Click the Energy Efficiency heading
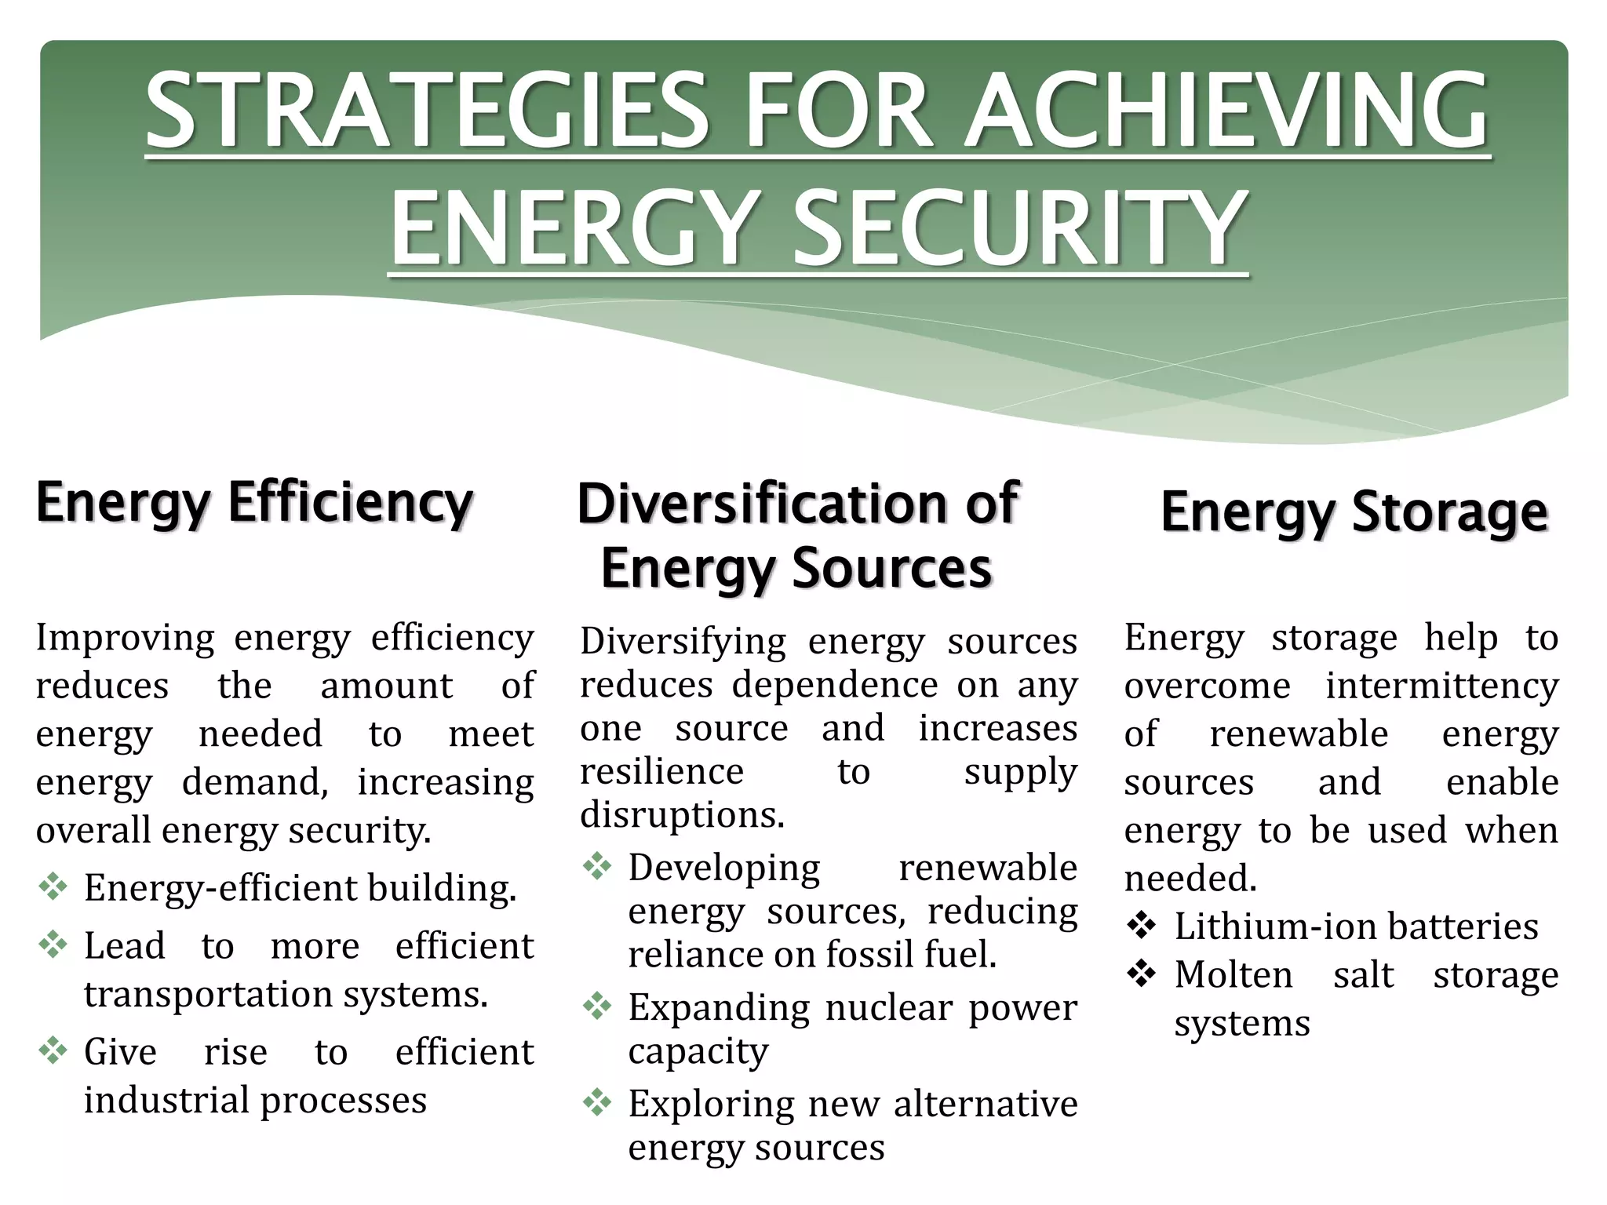coord(254,503)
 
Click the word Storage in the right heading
coord(1450,511)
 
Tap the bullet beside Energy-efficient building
coord(53,886)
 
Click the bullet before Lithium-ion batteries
coord(1142,926)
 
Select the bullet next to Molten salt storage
coord(1142,974)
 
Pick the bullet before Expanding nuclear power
coord(597,1006)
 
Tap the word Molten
coord(1233,975)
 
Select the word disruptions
coord(682,814)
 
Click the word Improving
coord(125,638)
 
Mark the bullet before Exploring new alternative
coord(597,1103)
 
